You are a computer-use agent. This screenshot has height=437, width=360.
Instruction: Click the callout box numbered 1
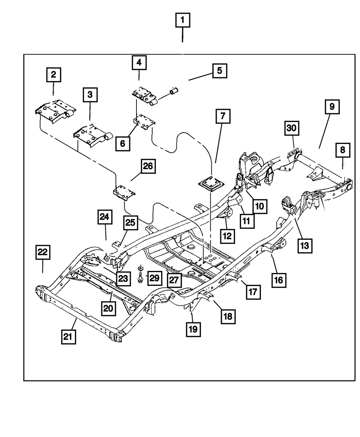click(x=183, y=20)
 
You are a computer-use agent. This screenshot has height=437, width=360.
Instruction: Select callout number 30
click(x=292, y=128)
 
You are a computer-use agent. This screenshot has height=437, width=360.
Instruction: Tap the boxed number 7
click(x=223, y=116)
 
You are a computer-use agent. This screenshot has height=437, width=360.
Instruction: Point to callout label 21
click(x=68, y=337)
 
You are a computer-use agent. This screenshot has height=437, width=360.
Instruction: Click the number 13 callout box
click(x=305, y=246)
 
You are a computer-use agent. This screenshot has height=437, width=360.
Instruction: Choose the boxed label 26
click(x=148, y=166)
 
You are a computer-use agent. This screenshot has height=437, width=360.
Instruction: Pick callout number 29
click(x=155, y=278)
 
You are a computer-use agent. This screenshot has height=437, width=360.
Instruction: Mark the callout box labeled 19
click(x=193, y=329)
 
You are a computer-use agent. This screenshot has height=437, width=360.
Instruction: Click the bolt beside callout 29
click(x=140, y=274)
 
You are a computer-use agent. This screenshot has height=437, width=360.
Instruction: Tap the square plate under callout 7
click(x=211, y=184)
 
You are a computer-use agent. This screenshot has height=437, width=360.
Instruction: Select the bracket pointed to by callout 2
click(x=55, y=112)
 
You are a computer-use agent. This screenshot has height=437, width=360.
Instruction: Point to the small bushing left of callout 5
click(x=174, y=91)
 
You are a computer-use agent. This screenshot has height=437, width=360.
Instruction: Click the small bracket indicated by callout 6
click(x=144, y=122)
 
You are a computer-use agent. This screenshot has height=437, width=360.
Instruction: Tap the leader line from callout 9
click(x=324, y=131)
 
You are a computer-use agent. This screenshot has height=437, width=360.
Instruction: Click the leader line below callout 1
click(x=182, y=35)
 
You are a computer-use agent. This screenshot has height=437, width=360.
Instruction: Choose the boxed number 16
click(x=279, y=280)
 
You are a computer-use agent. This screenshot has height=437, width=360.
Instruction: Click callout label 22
click(x=43, y=252)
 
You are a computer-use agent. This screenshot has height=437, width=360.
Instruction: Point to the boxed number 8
click(x=343, y=150)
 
